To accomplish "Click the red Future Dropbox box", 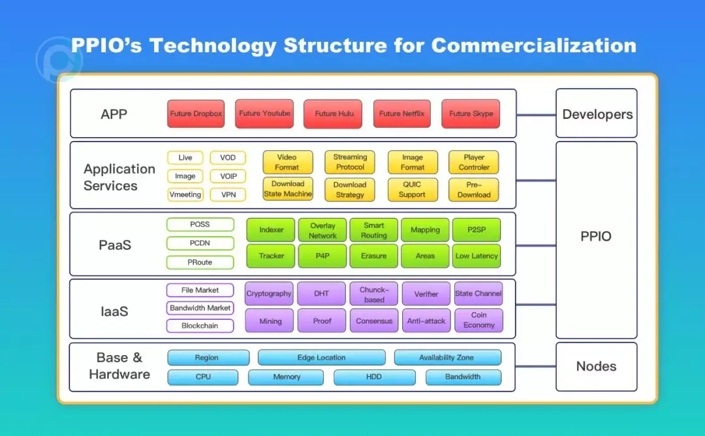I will click(x=196, y=114).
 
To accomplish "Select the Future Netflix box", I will click(x=402, y=114).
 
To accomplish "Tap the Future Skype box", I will click(x=471, y=114).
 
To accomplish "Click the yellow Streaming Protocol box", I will click(x=350, y=162).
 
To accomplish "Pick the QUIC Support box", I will click(x=412, y=189).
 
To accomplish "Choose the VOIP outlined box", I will click(x=228, y=176).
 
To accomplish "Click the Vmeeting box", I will click(x=185, y=195).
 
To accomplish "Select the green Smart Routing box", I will click(x=373, y=230).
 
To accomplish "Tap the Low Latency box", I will click(x=477, y=256).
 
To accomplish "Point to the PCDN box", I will click(x=200, y=243).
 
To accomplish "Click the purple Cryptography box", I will click(x=268, y=294).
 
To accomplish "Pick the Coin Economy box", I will click(x=478, y=320).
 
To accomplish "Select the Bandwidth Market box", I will click(x=200, y=308).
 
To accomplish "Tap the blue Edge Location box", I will click(x=321, y=358).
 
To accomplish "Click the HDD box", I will click(x=374, y=377).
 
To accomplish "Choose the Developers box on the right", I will click(x=597, y=114).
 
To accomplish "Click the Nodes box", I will click(x=596, y=366).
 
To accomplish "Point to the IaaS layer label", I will click(x=114, y=311).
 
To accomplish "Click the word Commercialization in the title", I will click(x=533, y=46).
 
